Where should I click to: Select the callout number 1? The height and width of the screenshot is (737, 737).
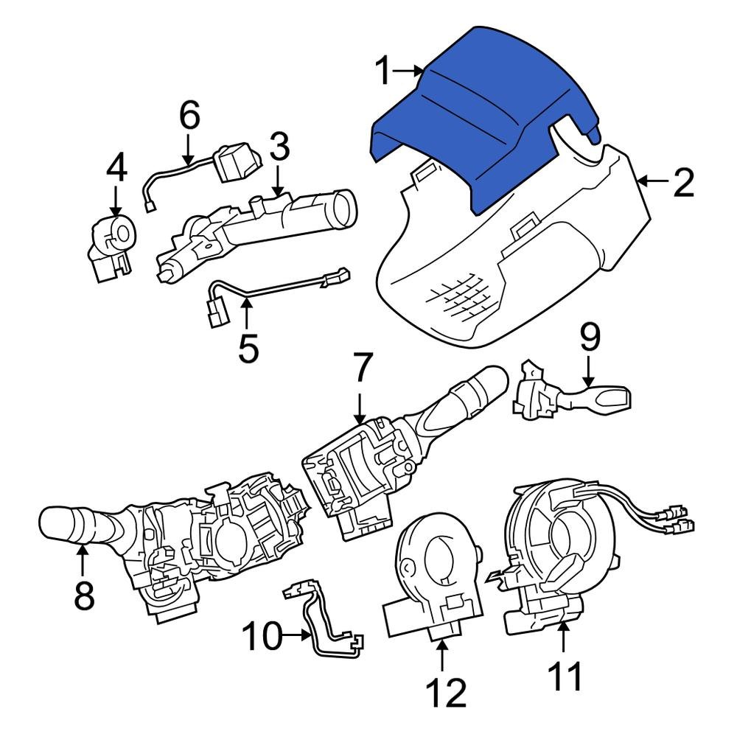tap(383, 71)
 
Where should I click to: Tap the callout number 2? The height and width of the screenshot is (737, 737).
tap(683, 182)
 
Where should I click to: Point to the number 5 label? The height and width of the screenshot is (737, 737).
tap(248, 348)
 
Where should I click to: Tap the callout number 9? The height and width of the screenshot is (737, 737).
tap(590, 338)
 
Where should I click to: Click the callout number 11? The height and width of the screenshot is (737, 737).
tap(563, 676)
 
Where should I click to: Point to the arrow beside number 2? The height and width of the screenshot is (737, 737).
tap(652, 181)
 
